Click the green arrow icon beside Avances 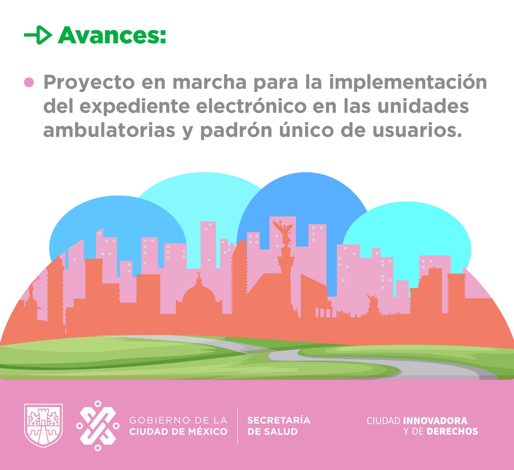39,35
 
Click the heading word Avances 112,35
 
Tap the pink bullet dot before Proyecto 29,83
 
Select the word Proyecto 89,83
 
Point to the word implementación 408,82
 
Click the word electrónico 251,106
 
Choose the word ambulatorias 109,130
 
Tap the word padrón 236,130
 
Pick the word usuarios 417,130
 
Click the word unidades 423,106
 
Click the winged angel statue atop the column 284,233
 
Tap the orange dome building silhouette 199,294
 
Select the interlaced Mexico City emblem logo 98,426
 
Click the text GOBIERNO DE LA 178,420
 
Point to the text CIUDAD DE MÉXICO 178,431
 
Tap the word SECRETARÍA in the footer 279,420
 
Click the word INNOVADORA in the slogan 435,421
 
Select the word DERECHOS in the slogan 452,431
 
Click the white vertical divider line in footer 238,426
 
